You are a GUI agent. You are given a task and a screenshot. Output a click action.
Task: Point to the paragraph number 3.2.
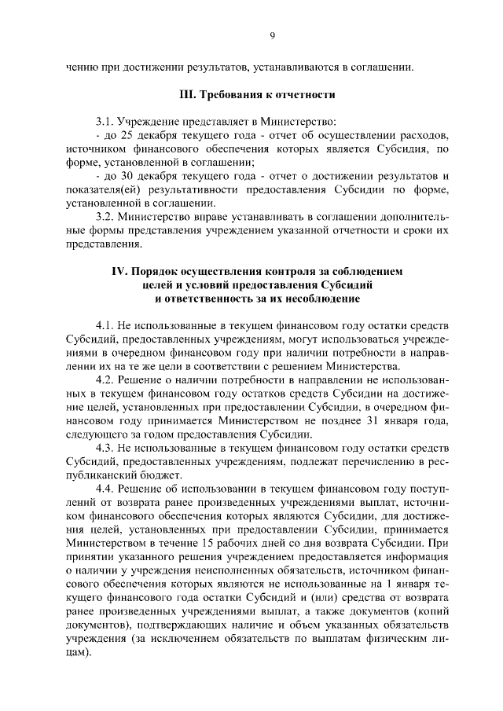pyautogui.click(x=105, y=216)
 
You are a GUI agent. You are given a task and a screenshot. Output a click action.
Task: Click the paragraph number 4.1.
pyautogui.click(x=105, y=324)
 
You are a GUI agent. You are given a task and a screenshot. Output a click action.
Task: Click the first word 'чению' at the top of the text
pyautogui.click(x=82, y=68)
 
